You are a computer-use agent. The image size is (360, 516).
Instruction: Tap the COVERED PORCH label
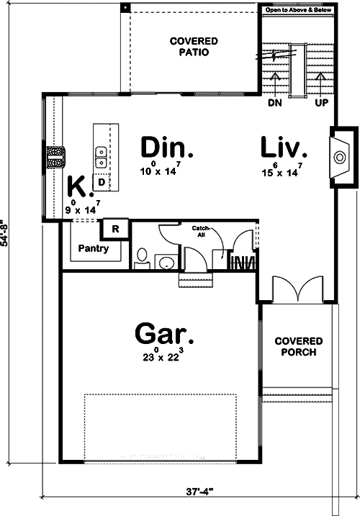[298, 347]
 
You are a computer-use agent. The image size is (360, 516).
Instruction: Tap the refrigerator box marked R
[114, 230]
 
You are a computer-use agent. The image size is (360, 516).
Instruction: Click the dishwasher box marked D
[102, 183]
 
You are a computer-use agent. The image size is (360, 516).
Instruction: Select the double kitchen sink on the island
[102, 153]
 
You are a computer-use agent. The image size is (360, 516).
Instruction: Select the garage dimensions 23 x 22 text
[164, 356]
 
